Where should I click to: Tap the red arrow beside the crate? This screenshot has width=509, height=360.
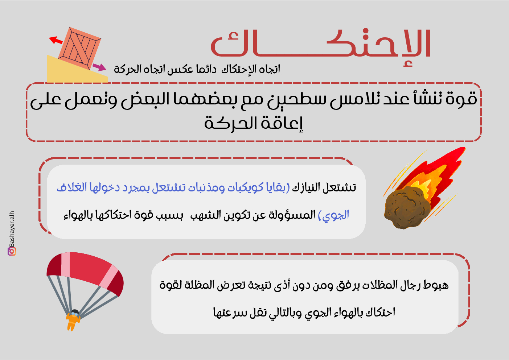pos(56,40)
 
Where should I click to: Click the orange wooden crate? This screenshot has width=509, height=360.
pos(79,48)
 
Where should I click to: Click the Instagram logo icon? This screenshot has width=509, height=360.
pos(12,252)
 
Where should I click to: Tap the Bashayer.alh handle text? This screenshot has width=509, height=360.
pos(12,229)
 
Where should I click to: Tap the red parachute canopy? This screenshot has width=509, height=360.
pos(85,272)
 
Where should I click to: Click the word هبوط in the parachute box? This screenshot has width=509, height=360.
pos(436,285)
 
